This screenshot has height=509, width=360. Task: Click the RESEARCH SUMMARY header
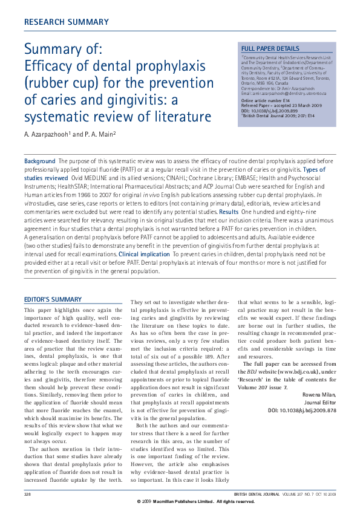[x=66, y=22]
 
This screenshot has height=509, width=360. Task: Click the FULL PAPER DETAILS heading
[x=270, y=48]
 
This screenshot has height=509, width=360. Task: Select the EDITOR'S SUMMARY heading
[x=52, y=299]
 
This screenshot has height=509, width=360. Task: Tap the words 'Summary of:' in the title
[x=63, y=49]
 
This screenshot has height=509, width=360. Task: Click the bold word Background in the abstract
[x=39, y=161]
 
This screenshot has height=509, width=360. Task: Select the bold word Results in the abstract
[x=228, y=212]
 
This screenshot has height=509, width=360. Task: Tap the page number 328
[x=27, y=494]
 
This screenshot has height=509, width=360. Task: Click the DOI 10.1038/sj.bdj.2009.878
[x=302, y=409]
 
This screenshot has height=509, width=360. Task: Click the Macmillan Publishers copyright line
[x=195, y=502]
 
